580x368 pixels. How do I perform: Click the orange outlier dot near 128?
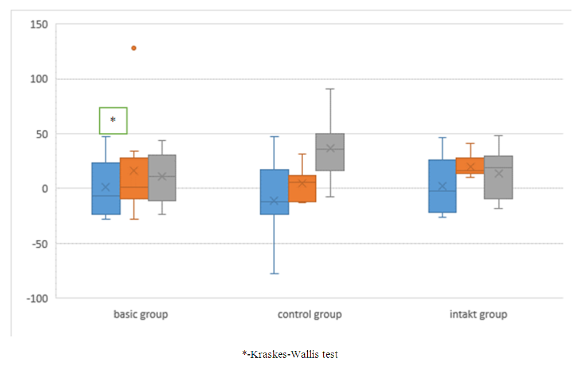tap(134, 48)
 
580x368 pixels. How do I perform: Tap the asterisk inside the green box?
tap(113, 120)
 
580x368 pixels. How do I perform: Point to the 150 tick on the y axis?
tap(40, 25)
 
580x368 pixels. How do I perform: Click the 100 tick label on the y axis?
tap(40, 79)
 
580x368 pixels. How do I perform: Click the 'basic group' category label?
tap(140, 315)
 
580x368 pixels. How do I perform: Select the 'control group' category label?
tap(309, 315)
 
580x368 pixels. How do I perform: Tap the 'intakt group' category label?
tap(479, 315)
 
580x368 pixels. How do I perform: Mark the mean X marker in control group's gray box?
tap(330, 148)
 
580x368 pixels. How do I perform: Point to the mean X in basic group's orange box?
tap(134, 171)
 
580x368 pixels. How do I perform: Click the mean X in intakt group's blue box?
tap(442, 186)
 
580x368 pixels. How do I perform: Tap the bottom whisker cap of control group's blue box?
tap(274, 274)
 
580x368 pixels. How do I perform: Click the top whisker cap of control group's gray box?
tap(330, 89)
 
